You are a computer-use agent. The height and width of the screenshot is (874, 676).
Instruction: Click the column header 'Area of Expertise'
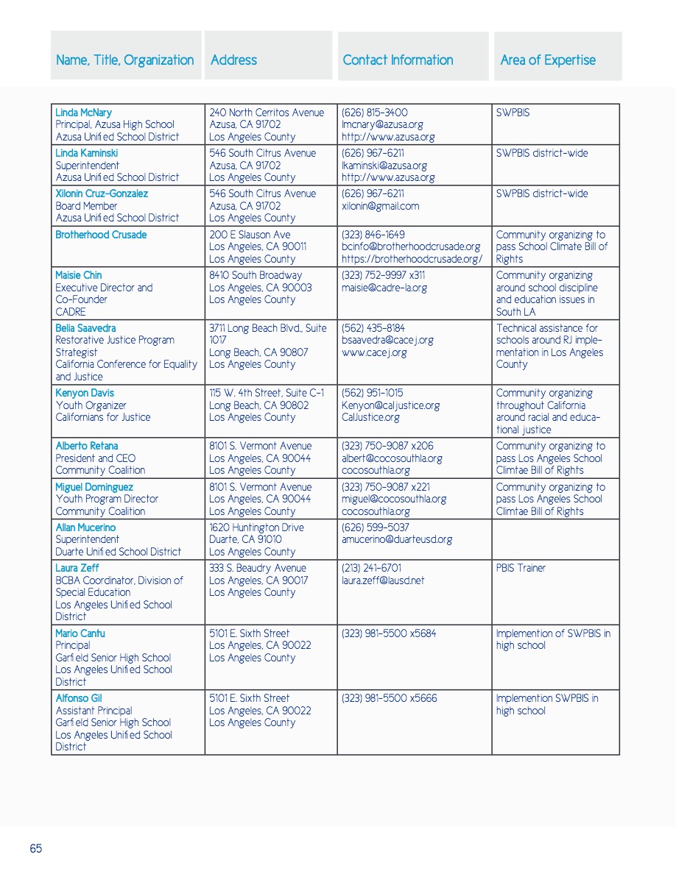coord(548,60)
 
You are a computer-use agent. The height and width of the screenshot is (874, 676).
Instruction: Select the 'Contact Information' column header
coord(398,60)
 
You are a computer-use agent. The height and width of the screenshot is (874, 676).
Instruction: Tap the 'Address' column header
coord(233,60)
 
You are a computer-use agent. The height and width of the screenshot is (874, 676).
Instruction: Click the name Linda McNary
coord(84,113)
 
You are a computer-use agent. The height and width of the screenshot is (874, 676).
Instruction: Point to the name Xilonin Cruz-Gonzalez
coord(102,193)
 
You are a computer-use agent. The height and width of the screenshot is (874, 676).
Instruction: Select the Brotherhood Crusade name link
coord(101,235)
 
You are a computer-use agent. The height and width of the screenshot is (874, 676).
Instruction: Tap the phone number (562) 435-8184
coord(373,328)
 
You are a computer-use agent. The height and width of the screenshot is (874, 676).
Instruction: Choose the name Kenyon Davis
coord(85,393)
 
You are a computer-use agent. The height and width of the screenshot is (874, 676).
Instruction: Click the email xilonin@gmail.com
coord(381,206)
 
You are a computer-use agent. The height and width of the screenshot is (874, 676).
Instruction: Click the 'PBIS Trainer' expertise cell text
coord(521,568)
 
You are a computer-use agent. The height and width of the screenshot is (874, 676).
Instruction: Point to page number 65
coord(36,848)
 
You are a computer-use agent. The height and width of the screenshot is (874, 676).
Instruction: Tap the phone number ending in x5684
coord(389,633)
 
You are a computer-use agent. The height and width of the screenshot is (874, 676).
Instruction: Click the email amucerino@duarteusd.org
coord(397,539)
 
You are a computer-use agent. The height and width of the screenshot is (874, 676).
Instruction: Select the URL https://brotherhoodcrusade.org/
coord(412,259)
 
